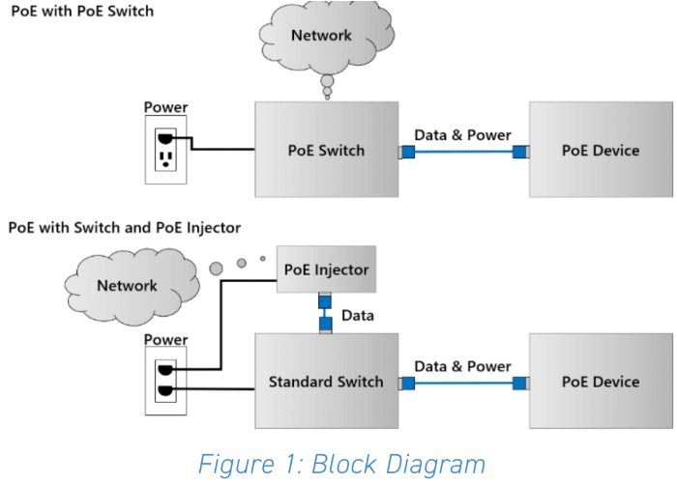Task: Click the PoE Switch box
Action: [327, 150]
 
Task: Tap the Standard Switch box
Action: [327, 381]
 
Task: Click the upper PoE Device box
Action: [601, 150]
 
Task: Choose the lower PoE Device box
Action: [601, 381]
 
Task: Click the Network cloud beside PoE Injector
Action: [127, 285]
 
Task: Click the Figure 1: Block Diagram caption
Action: [341, 463]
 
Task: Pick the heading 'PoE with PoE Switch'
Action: [81, 12]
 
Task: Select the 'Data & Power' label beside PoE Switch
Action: [462, 134]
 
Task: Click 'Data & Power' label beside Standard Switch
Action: [462, 366]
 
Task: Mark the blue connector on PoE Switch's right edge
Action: [407, 151]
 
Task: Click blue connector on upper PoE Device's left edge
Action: [520, 151]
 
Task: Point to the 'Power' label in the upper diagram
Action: [164, 107]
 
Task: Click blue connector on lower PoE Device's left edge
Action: [520, 383]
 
